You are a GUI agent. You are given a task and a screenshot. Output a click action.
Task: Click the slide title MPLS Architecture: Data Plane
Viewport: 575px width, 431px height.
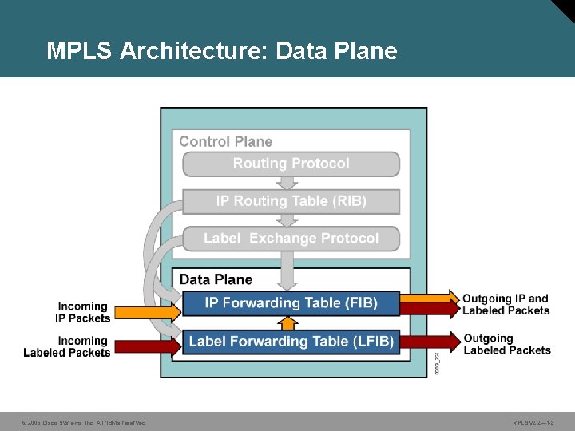[221, 51]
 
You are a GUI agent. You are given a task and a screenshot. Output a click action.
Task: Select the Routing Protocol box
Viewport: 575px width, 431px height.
[291, 164]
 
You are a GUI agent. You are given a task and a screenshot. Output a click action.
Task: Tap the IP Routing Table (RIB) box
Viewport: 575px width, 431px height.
[291, 201]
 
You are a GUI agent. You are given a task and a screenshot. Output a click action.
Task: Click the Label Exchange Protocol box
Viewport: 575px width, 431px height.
[291, 239]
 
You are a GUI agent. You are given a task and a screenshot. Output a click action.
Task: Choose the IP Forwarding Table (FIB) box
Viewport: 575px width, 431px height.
[291, 303]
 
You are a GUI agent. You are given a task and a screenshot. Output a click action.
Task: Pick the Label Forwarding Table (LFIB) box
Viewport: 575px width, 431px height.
[291, 342]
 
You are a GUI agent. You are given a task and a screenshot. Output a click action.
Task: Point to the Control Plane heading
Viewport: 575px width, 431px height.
[225, 141]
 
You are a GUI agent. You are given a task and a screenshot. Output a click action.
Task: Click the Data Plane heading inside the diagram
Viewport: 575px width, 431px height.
[216, 279]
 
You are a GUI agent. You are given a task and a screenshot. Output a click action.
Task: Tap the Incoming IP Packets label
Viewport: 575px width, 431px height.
[82, 312]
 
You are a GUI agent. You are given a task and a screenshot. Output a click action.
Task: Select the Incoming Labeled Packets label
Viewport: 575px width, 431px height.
[67, 346]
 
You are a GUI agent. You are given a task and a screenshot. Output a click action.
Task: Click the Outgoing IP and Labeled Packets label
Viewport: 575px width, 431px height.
[506, 304]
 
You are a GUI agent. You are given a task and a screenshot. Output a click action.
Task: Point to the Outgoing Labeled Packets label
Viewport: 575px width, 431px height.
[506, 344]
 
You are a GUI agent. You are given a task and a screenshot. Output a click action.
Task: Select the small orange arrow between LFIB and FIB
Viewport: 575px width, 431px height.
[289, 322]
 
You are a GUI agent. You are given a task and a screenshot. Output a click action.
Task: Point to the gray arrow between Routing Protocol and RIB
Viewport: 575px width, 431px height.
[291, 183]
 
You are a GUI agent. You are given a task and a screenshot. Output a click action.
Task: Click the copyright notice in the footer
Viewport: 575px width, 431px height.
[84, 422]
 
